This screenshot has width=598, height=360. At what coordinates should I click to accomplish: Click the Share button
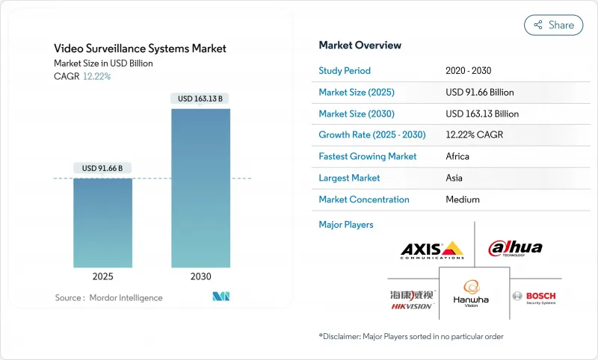click(x=554, y=25)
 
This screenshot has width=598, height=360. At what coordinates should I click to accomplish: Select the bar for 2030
click(x=200, y=187)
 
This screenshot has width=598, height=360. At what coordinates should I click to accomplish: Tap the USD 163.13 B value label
click(x=201, y=98)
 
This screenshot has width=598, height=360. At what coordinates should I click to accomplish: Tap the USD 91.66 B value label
click(x=102, y=168)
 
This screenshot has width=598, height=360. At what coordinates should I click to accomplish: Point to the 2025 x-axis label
click(x=102, y=276)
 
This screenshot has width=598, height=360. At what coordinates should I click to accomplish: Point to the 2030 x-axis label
click(x=200, y=276)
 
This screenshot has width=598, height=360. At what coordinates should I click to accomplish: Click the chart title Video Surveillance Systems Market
click(x=140, y=49)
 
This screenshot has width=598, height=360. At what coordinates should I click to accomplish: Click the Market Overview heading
click(x=360, y=46)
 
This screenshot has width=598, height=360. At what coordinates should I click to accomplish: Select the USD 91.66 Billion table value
click(x=479, y=93)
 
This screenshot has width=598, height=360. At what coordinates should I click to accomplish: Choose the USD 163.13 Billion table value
click(x=481, y=114)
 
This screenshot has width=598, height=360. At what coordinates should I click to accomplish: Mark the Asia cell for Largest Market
click(x=454, y=179)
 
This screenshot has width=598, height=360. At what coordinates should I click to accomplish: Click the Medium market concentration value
click(x=462, y=199)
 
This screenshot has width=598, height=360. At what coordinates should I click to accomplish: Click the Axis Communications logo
click(x=432, y=249)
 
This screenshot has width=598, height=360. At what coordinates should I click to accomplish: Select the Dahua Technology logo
click(x=515, y=249)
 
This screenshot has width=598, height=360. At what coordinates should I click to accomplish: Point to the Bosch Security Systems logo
click(x=534, y=297)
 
